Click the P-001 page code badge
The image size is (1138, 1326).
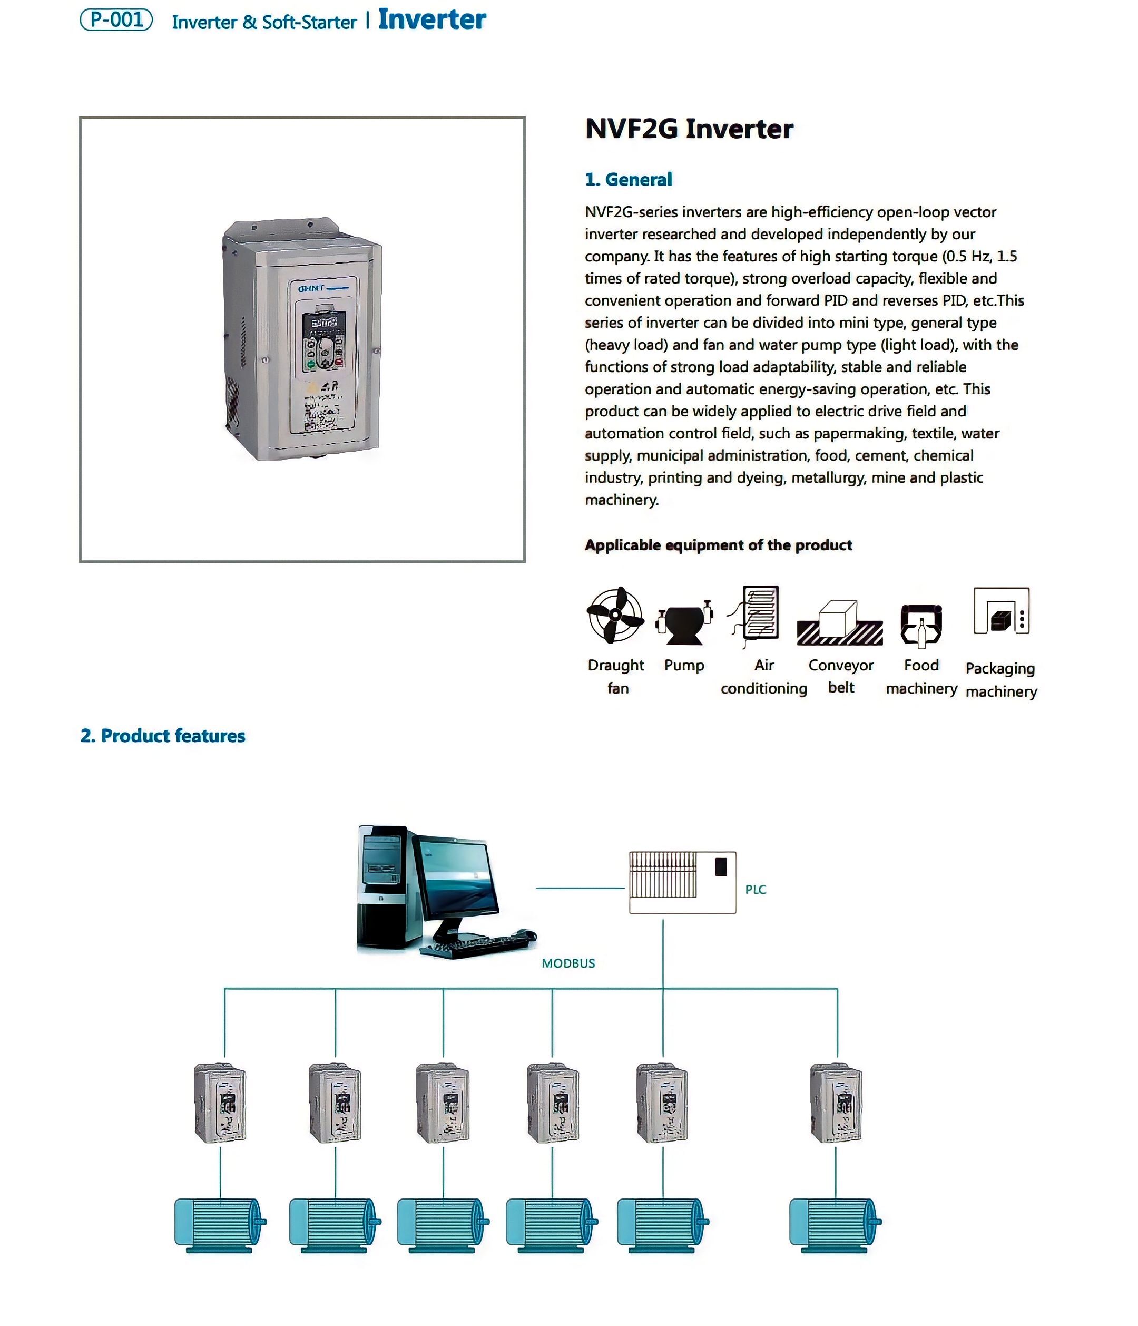116,20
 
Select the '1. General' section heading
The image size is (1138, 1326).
627,179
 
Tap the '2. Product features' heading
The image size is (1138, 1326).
162,735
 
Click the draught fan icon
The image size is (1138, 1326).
614,615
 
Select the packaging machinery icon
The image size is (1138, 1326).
1000,611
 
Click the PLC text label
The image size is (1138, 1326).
755,890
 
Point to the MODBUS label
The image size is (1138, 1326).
567,963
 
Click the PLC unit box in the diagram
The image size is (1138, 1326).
682,882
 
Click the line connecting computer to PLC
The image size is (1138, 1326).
580,888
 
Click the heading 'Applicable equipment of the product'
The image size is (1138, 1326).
718,545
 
